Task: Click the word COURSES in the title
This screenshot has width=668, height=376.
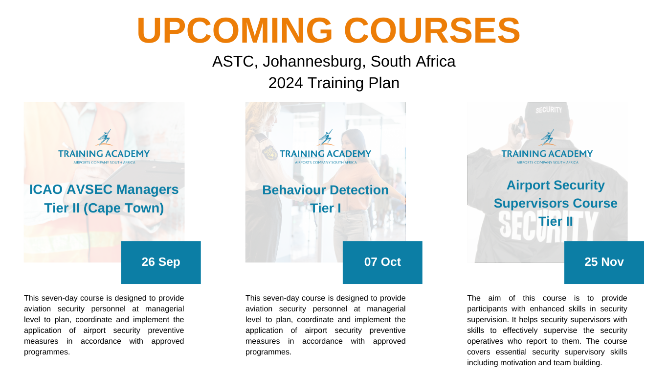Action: (433, 30)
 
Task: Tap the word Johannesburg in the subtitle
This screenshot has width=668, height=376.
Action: (314, 62)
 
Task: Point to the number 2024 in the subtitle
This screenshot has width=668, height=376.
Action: (286, 83)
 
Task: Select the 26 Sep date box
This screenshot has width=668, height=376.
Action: (161, 262)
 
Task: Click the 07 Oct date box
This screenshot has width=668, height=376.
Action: (382, 262)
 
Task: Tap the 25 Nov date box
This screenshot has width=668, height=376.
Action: (604, 262)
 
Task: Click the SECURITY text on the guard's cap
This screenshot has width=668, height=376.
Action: (548, 110)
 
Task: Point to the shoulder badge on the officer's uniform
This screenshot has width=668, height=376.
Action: (269, 153)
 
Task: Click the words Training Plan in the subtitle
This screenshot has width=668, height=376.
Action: (353, 83)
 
